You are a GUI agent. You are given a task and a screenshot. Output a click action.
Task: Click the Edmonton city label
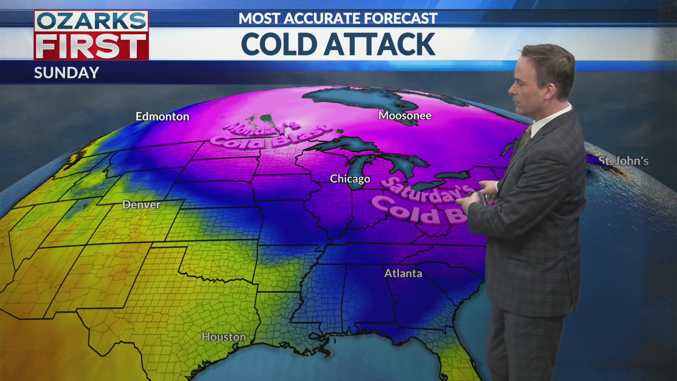pos(162,116)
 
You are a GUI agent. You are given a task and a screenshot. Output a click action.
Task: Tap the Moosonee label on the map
pos(404,115)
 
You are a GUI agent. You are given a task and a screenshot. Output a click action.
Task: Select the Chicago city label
pos(350,179)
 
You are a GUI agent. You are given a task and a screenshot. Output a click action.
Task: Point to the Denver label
pos(141,205)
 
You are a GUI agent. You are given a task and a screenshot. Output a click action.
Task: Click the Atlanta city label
pos(403,273)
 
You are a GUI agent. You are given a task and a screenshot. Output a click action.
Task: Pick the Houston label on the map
pos(224,337)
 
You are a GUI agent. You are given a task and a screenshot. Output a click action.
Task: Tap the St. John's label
pos(623,161)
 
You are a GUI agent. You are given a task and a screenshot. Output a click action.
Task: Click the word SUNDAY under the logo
pos(67,73)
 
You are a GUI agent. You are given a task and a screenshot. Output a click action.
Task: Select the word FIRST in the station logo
pos(91,47)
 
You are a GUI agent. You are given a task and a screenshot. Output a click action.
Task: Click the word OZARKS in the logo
pos(91,21)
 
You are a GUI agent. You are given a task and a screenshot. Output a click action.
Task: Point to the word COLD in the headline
pos(279,44)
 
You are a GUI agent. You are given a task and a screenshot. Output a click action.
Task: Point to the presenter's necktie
pos(526,136)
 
